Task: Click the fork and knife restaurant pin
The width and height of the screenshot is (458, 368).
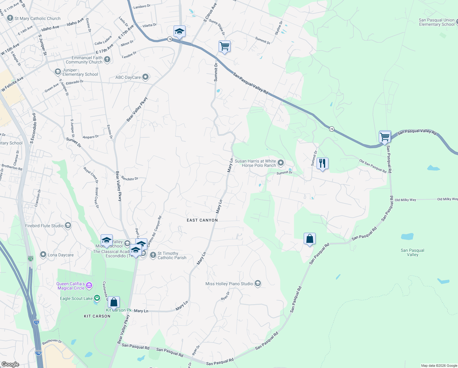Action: pyautogui.click(x=322, y=163)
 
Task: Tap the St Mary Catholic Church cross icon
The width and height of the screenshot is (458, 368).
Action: pyautogui.click(x=10, y=18)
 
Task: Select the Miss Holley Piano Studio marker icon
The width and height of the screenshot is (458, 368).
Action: pyautogui.click(x=258, y=284)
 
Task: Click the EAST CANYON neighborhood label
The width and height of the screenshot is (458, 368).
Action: pyautogui.click(x=202, y=220)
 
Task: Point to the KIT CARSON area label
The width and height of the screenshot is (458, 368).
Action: pyautogui.click(x=97, y=316)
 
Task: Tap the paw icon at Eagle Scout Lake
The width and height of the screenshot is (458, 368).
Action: pyautogui.click(x=97, y=298)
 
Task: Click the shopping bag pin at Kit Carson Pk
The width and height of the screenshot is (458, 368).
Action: pyautogui.click(x=114, y=302)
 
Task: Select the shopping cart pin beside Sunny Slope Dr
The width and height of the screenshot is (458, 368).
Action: pyautogui.click(x=224, y=47)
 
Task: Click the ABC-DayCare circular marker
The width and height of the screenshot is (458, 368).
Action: pyautogui.click(x=145, y=77)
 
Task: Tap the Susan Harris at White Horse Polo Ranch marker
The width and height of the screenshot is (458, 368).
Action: pyautogui.click(x=281, y=163)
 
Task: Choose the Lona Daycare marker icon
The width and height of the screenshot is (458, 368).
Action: pyautogui.click(x=43, y=255)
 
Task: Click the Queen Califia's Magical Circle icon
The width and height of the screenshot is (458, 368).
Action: pyautogui.click(x=89, y=286)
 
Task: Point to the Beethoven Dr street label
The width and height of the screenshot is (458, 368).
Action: pyautogui.click(x=52, y=342)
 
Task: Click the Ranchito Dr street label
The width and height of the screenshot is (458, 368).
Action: pyautogui.click(x=130, y=178)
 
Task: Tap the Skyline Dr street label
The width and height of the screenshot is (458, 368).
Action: pyautogui.click(x=279, y=28)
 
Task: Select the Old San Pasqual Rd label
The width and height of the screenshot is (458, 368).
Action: pyautogui.click(x=373, y=166)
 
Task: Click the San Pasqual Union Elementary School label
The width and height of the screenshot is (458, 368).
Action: pyautogui.click(x=437, y=22)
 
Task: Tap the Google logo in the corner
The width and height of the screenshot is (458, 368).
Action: pyautogui.click(x=10, y=364)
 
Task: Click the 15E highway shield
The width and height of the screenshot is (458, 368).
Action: pyautogui.click(x=38, y=353)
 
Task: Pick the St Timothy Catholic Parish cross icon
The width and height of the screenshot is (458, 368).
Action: pyautogui.click(x=153, y=255)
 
